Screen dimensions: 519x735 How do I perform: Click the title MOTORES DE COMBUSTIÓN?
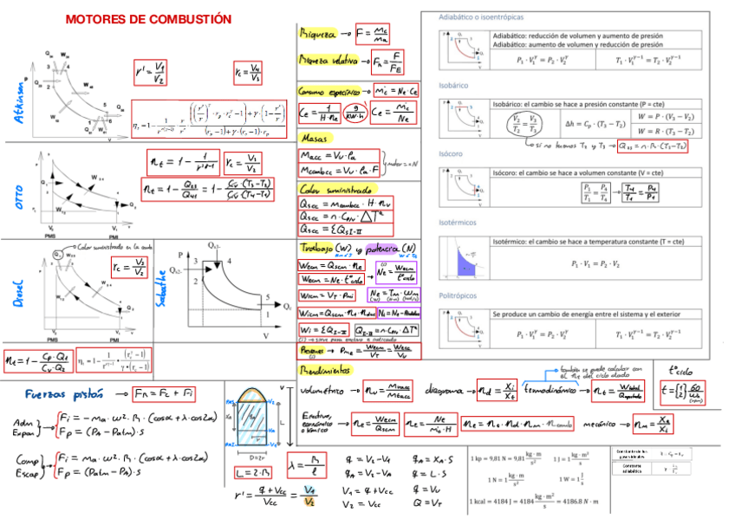pos(148,19)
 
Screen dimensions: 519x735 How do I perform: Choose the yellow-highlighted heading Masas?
pos(314,139)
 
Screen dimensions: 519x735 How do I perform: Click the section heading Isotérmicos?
pos(459,223)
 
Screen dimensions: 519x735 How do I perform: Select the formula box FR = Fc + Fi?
pos(165,394)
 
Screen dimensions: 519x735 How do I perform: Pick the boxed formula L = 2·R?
pos(251,473)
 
